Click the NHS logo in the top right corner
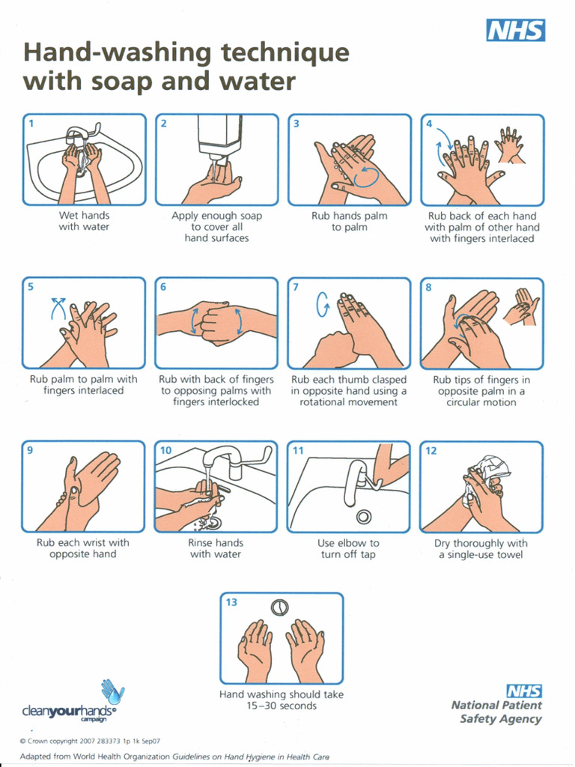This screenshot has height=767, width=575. click(x=516, y=31)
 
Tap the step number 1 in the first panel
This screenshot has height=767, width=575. click(x=31, y=123)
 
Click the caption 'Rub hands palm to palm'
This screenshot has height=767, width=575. click(x=350, y=222)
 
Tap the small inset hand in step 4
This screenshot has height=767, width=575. click(x=510, y=145)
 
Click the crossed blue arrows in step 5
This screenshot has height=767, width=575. click(x=58, y=307)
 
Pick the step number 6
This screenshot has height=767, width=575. click(x=163, y=287)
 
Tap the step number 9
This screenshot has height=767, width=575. click(x=31, y=450)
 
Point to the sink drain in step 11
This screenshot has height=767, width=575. click(x=365, y=516)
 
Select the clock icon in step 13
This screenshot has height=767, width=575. click(x=279, y=607)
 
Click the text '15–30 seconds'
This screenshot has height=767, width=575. click(x=282, y=706)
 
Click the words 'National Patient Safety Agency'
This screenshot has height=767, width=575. click(x=496, y=712)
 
